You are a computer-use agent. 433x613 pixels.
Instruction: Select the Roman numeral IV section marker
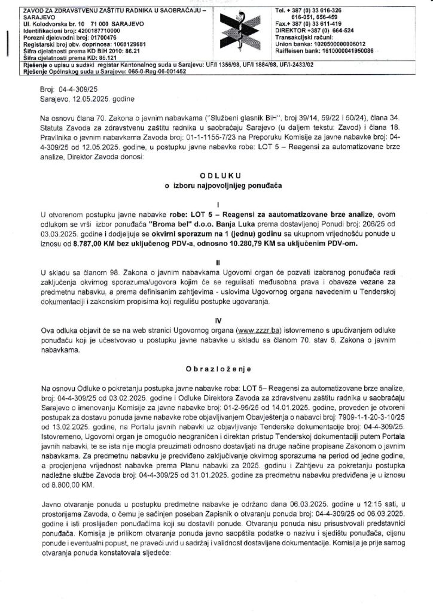click(x=216, y=320)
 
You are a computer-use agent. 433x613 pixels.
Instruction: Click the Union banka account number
click(x=342, y=45)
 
